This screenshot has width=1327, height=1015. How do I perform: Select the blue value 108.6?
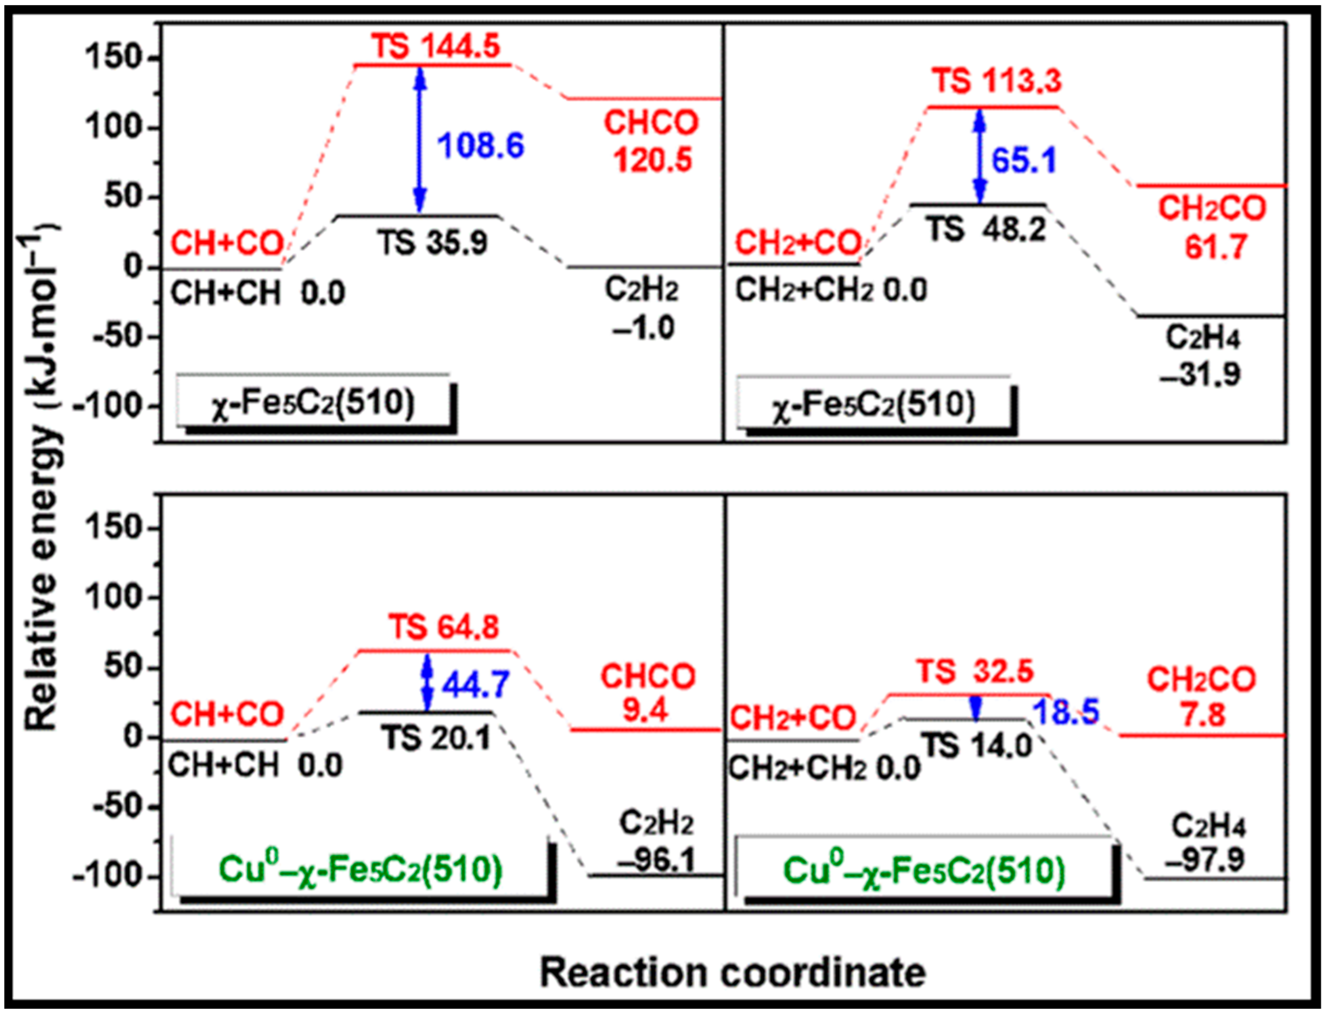pyautogui.click(x=481, y=146)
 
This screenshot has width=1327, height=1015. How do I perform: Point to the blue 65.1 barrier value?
pyautogui.click(x=1025, y=161)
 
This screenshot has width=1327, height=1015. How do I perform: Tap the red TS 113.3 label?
pyautogui.click(x=996, y=80)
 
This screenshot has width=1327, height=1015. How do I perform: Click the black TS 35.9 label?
pyautogui.click(x=433, y=243)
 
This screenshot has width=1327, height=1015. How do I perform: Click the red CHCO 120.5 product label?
pyautogui.click(x=652, y=142)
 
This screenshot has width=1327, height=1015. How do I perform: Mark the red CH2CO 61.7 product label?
pyautogui.click(x=1212, y=228)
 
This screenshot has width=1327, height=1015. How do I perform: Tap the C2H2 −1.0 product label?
pyautogui.click(x=642, y=310)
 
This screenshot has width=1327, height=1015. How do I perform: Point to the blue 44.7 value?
pyautogui.click(x=476, y=685)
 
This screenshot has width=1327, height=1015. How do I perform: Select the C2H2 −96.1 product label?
pyautogui.click(x=657, y=842)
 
